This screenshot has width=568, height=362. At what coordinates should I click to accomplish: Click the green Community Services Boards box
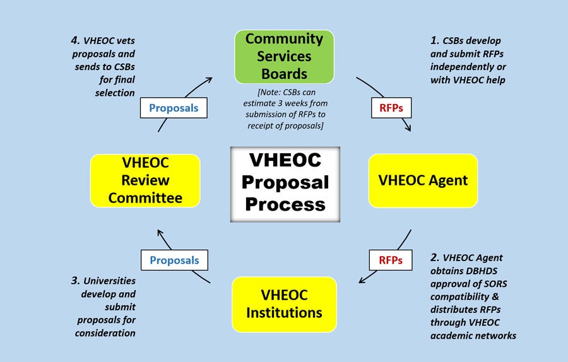point(285,57)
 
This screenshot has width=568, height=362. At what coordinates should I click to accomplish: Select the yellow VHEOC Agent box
point(423,180)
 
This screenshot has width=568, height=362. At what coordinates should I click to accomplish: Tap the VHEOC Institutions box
point(285,304)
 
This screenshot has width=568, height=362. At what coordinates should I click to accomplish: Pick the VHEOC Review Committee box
point(145,180)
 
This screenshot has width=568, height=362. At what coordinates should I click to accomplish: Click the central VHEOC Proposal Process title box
point(285,184)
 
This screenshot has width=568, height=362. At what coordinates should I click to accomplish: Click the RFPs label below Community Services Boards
point(391,108)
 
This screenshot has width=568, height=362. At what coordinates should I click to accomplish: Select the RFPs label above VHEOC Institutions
point(391,260)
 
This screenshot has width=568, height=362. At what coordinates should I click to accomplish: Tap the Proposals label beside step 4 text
point(174,108)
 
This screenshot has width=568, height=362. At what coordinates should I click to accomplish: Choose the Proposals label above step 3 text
point(174,260)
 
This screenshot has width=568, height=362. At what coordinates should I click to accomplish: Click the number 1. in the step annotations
point(435,40)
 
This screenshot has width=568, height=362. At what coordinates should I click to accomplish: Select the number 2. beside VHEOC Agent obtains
point(435,258)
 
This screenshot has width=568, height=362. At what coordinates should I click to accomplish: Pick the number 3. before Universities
point(75,281)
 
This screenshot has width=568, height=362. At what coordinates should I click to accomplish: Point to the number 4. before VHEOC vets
point(75,40)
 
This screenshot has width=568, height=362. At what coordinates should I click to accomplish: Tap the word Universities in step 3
point(109,281)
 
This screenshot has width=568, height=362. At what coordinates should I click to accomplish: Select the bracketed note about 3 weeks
point(285,109)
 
